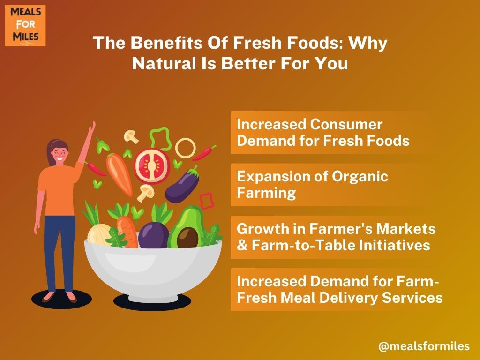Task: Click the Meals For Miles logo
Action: [25, 26]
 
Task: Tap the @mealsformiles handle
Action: [424, 346]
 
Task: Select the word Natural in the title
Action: [165, 64]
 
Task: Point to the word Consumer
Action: [346, 125]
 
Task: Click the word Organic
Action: [360, 177]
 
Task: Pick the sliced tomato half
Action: [151, 166]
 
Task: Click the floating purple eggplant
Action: [182, 186]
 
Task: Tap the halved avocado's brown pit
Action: [187, 238]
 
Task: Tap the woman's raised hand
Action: [91, 127]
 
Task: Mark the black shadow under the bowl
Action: [152, 303]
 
